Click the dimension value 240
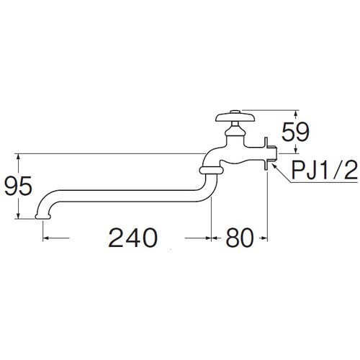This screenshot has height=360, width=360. (x=132, y=238)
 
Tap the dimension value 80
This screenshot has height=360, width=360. (x=239, y=238)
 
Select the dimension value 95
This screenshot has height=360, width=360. (x=18, y=186)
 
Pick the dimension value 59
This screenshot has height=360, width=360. (x=295, y=132)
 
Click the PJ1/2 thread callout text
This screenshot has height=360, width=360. (x=325, y=170)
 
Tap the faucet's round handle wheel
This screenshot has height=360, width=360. (x=235, y=117)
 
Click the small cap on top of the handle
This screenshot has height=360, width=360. (x=235, y=112)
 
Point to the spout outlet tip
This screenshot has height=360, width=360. (x=43, y=217)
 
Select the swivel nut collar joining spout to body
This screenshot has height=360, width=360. (x=211, y=170)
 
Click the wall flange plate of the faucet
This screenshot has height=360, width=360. (x=266, y=153)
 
